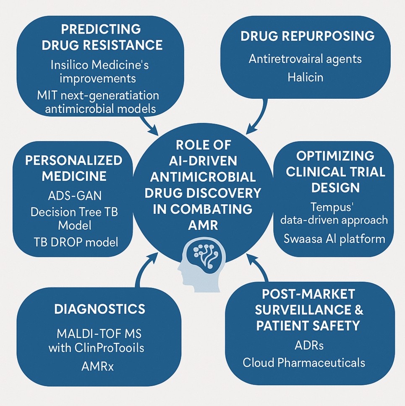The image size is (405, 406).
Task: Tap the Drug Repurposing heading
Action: (308, 36)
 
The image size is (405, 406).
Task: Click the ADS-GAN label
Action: (74, 196)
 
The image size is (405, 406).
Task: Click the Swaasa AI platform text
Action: (334, 238)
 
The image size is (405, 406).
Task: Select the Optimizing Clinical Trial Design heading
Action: (335, 171)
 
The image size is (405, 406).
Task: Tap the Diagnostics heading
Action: (99, 309)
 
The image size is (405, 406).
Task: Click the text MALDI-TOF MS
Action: (99, 335)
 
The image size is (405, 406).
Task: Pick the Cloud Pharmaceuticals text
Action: (304, 362)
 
